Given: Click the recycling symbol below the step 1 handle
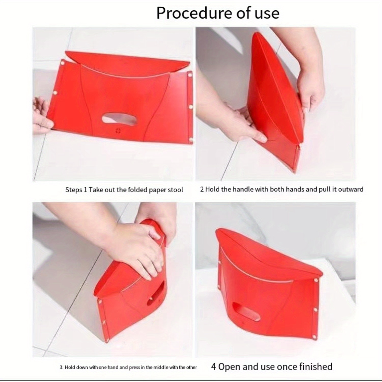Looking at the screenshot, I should click(118, 131).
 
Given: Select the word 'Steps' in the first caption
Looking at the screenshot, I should click(74, 190).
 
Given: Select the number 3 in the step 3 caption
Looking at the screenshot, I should click(61, 367).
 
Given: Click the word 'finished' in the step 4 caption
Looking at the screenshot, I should click(316, 367).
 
